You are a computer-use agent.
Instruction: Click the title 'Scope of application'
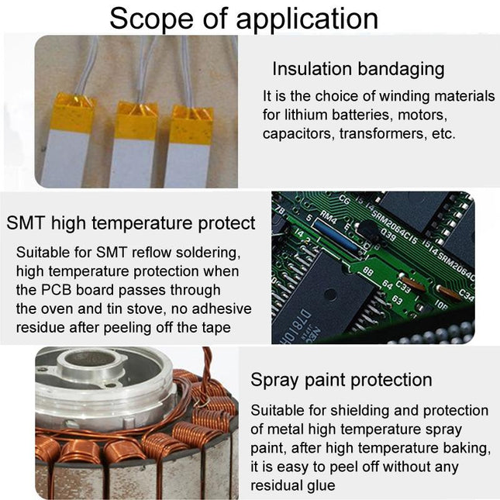coord(243,19)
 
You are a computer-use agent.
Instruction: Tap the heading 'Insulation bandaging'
coord(358,68)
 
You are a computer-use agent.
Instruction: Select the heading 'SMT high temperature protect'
coord(131,223)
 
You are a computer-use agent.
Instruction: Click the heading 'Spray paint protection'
coord(341,380)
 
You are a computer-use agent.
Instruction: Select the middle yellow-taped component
coord(136,143)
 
